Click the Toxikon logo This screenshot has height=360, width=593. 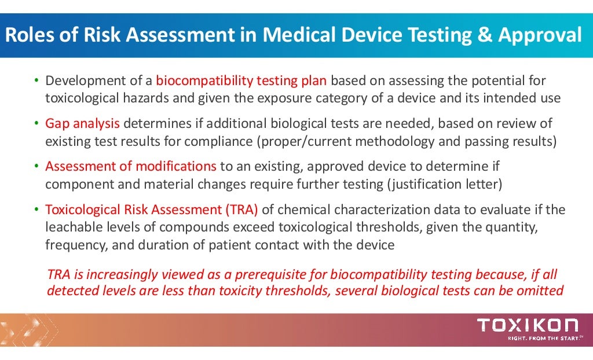527,325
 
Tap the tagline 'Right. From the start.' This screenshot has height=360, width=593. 544,338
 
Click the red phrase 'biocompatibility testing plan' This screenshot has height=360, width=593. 241,80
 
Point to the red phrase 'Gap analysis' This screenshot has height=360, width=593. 83,123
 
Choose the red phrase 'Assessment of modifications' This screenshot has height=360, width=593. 131,167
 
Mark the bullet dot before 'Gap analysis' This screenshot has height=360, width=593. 35,124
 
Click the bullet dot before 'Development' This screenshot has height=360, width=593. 35,80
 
